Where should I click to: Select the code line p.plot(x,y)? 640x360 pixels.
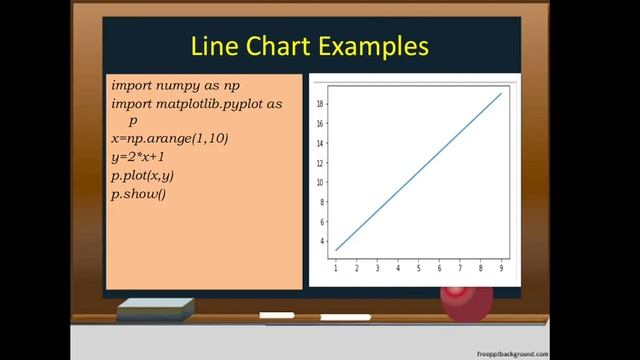tap(143, 175)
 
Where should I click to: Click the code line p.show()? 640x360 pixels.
tap(139, 193)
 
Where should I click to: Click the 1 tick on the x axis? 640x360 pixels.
tap(336, 268)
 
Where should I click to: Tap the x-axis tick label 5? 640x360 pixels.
tap(419, 268)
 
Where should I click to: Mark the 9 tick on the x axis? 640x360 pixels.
tap(501, 268)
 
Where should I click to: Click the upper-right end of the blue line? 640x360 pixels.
tap(501, 94)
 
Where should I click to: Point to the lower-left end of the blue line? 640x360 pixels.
tap(336, 250)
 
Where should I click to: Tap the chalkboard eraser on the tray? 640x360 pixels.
tap(154, 309)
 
